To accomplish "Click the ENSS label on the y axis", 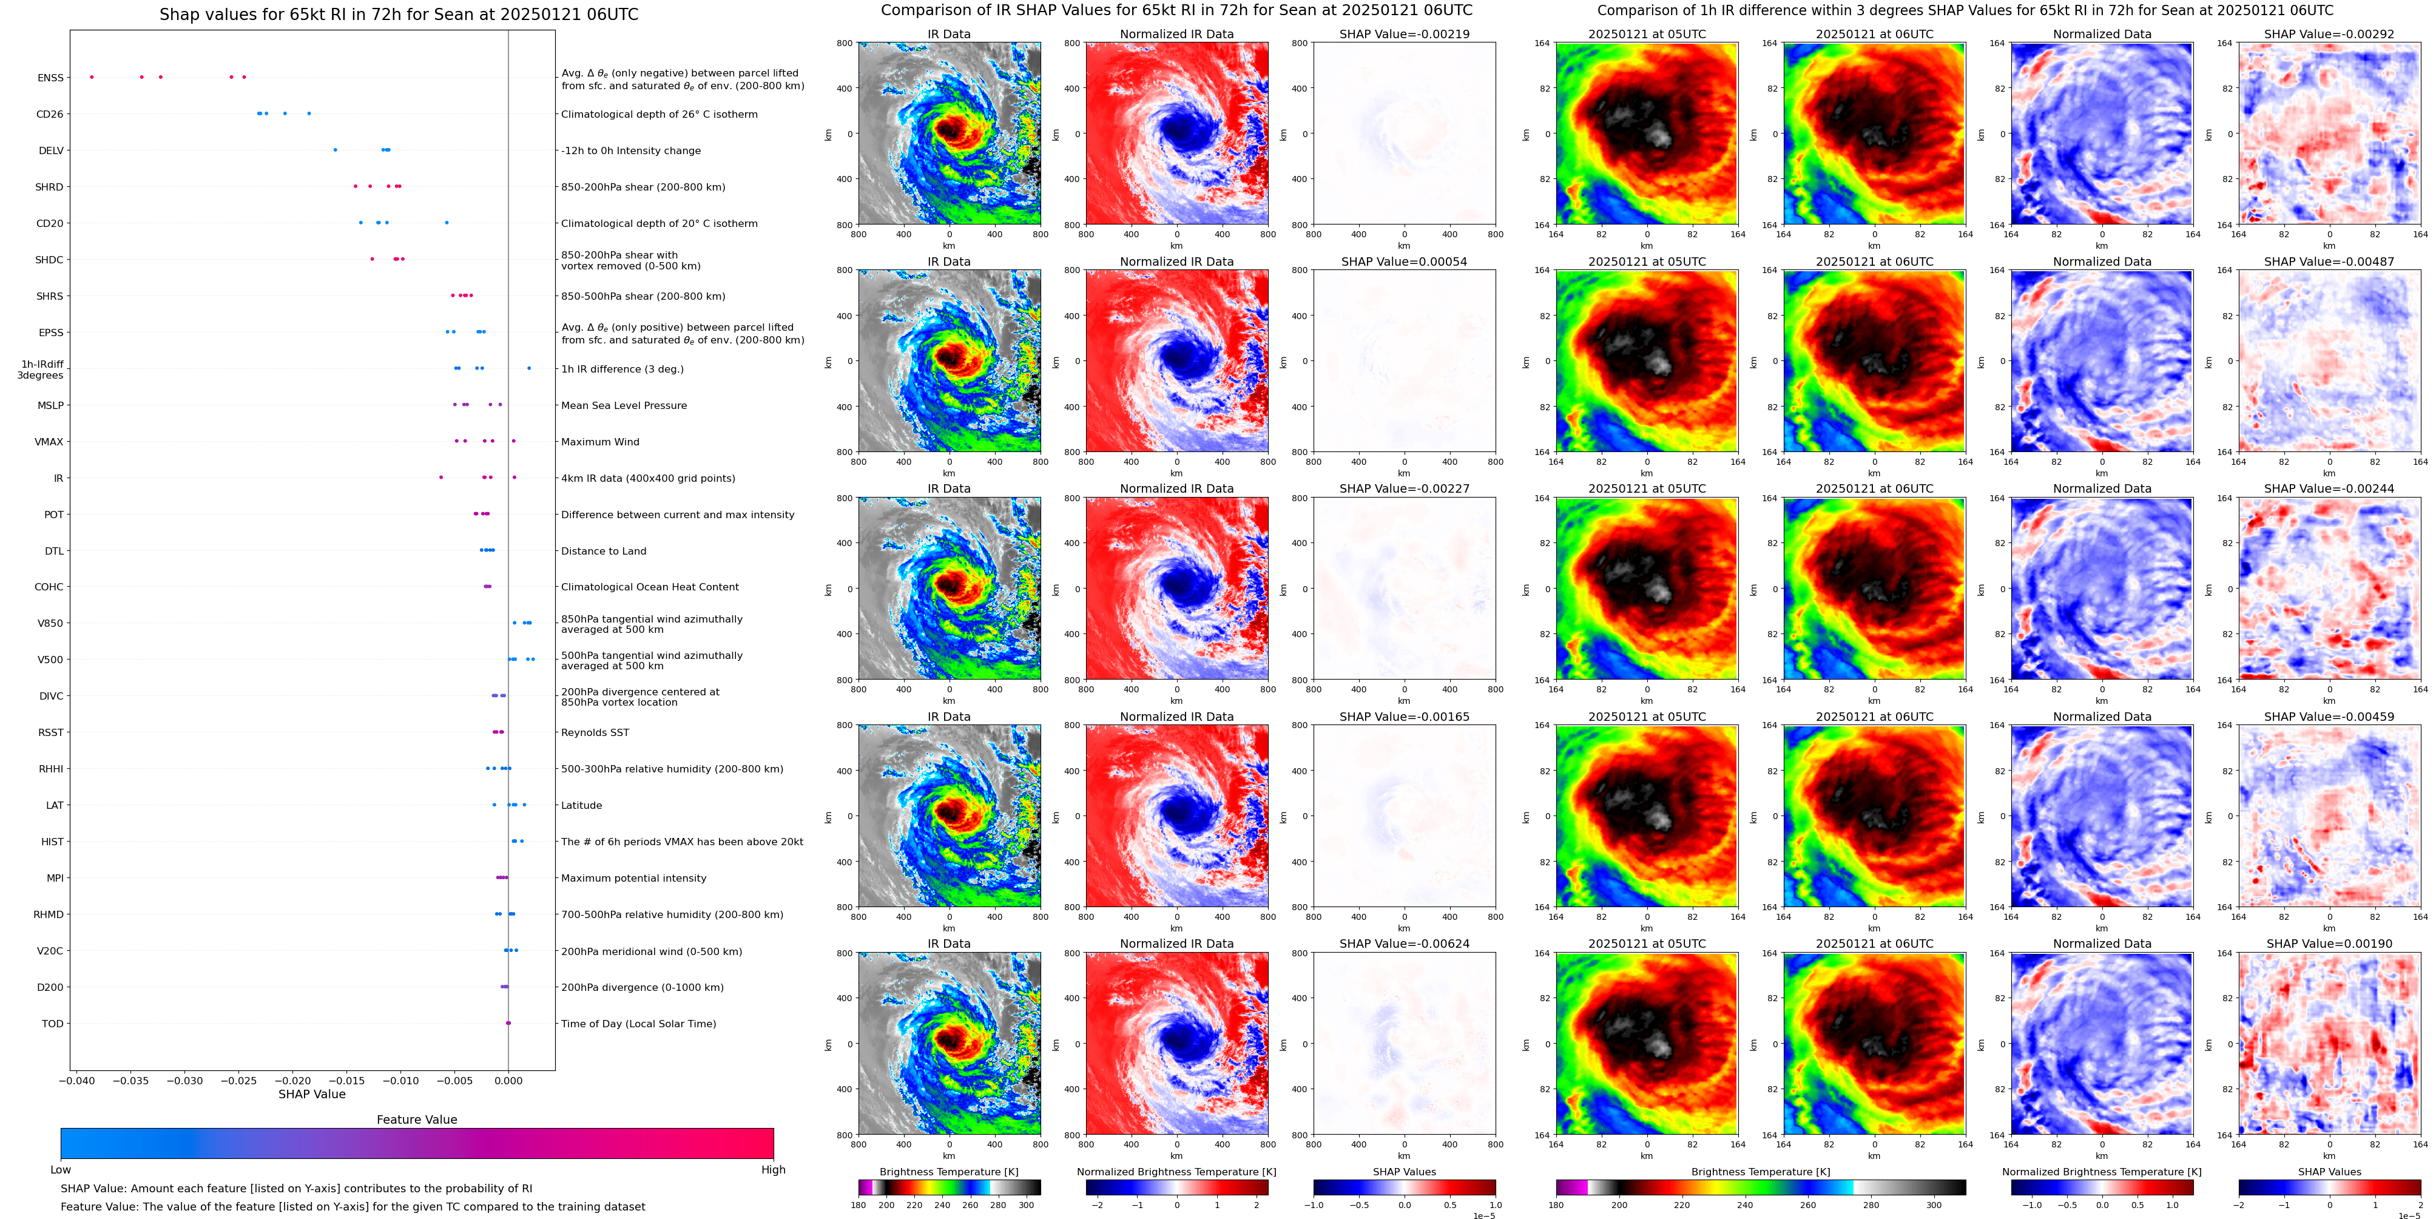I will [x=50, y=78].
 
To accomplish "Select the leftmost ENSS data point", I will [x=92, y=76].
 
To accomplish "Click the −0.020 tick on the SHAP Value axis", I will [x=293, y=1080].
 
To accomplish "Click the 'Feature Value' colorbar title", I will [x=416, y=1119].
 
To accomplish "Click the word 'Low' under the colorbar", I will [x=61, y=1170].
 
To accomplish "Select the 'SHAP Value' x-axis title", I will [x=311, y=1094].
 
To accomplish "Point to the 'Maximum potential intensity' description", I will [x=633, y=879].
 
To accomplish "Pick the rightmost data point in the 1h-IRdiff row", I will [x=528, y=368].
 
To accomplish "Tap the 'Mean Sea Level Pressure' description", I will [x=624, y=406].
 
